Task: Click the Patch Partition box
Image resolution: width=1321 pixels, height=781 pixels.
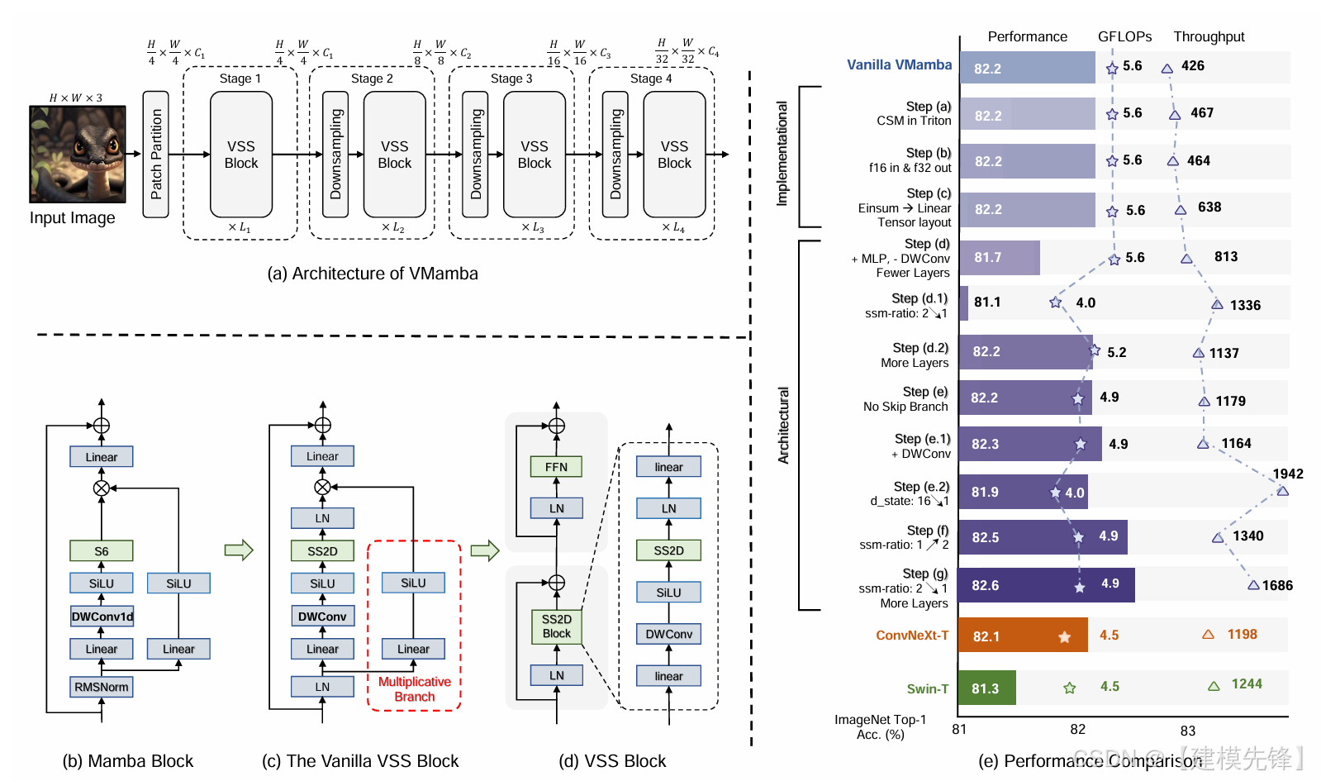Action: [x=155, y=155]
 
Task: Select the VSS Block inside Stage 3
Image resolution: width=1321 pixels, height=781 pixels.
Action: [x=535, y=155]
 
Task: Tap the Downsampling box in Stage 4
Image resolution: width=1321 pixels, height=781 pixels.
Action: [x=615, y=155]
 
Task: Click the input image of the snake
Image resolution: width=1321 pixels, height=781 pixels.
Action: [x=78, y=154]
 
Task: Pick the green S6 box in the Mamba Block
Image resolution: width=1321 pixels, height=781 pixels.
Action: [x=102, y=550]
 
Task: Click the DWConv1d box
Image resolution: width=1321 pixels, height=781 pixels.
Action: [x=102, y=617]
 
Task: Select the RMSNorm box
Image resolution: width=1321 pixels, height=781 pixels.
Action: [x=102, y=687]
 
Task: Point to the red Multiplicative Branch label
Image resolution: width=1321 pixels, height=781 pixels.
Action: [x=414, y=689]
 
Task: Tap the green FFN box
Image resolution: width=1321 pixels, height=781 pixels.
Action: [x=556, y=467]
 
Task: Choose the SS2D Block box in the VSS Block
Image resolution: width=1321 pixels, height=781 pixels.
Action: [x=556, y=626]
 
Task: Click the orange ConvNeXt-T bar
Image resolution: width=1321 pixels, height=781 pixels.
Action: [x=1023, y=636]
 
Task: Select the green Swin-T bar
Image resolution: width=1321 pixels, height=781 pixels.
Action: [x=986, y=688]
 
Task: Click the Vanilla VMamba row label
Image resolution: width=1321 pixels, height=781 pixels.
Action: [x=899, y=64]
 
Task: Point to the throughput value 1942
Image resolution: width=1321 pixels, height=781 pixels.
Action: [x=1287, y=474]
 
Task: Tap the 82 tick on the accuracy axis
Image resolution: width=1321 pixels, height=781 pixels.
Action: [x=1077, y=729]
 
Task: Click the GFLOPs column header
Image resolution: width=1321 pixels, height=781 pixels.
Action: [x=1124, y=36]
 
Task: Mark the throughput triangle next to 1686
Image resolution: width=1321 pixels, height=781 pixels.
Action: [x=1253, y=585]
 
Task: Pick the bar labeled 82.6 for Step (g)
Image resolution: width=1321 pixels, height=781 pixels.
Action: [x=1046, y=585]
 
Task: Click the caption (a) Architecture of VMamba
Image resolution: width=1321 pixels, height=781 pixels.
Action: [x=372, y=274]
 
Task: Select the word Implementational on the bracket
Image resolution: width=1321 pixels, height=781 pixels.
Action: [x=782, y=154]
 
